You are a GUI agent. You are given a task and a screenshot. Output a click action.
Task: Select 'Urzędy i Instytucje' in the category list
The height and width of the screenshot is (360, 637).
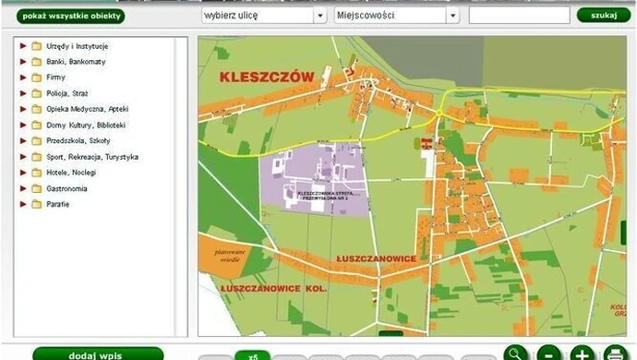click(78, 45)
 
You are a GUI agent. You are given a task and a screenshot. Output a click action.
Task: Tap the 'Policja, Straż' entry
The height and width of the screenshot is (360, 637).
click(67, 93)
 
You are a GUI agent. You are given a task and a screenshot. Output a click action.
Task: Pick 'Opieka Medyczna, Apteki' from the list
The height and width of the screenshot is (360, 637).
click(87, 109)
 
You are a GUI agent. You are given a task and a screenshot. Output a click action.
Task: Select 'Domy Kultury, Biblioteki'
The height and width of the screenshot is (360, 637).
click(85, 125)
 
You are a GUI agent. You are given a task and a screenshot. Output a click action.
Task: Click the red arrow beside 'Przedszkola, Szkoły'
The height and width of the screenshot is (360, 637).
click(23, 140)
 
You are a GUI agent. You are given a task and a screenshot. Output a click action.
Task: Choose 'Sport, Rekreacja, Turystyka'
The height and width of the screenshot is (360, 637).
click(91, 157)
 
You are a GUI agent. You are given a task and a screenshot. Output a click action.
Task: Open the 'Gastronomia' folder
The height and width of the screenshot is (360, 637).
click(36, 188)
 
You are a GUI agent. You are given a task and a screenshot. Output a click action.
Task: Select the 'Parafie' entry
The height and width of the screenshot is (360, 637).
click(57, 204)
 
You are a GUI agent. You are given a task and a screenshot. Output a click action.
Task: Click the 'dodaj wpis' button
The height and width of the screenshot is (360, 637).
click(90, 354)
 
